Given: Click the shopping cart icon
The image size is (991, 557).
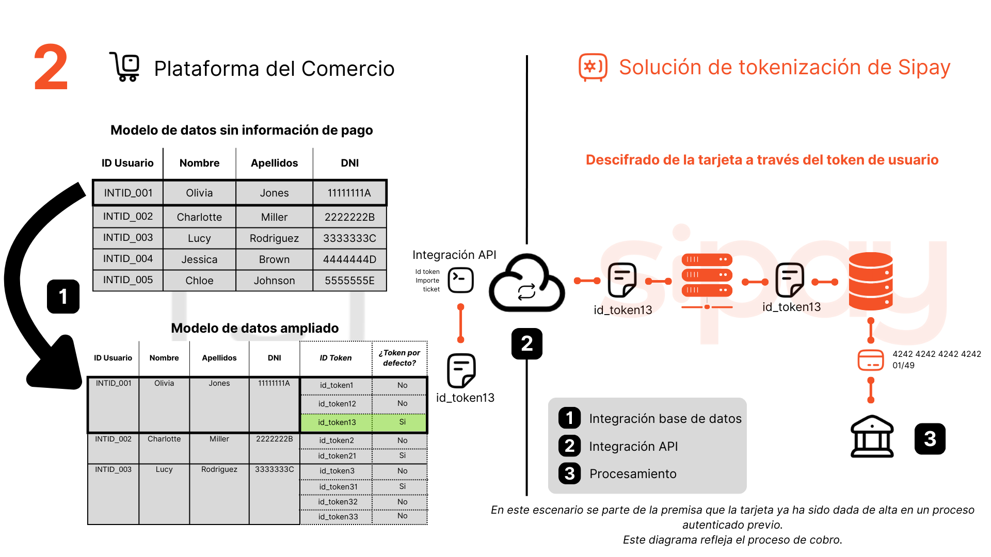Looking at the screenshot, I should tap(125, 67).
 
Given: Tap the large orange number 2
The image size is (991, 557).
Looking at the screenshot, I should tap(51, 68).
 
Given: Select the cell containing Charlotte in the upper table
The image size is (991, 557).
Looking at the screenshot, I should tap(199, 217).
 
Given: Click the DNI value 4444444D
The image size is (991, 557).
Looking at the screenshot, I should tap(349, 259).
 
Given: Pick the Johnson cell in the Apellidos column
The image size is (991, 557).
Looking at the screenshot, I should tap(274, 281).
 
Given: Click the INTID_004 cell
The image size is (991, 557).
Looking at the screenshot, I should tap(128, 259).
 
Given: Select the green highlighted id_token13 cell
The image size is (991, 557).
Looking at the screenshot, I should tap(337, 422).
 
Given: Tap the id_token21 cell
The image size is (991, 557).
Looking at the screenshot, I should tap(337, 456).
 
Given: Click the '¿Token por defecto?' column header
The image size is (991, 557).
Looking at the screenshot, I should tap(399, 358).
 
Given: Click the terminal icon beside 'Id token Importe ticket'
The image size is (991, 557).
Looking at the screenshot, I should tap(460, 280).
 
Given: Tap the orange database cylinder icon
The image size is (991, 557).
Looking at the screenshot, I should tap(870, 281).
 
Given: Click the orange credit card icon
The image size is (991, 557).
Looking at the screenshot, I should tap(870, 360).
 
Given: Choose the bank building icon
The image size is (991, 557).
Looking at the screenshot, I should tap(872, 437).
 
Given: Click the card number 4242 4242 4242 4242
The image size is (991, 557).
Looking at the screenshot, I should tap(936, 354).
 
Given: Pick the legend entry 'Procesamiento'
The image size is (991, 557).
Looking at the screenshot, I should tap(632, 474).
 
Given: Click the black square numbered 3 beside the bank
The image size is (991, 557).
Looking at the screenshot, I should tap(930, 439).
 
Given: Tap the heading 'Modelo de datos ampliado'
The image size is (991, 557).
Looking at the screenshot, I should tap(254, 328).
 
